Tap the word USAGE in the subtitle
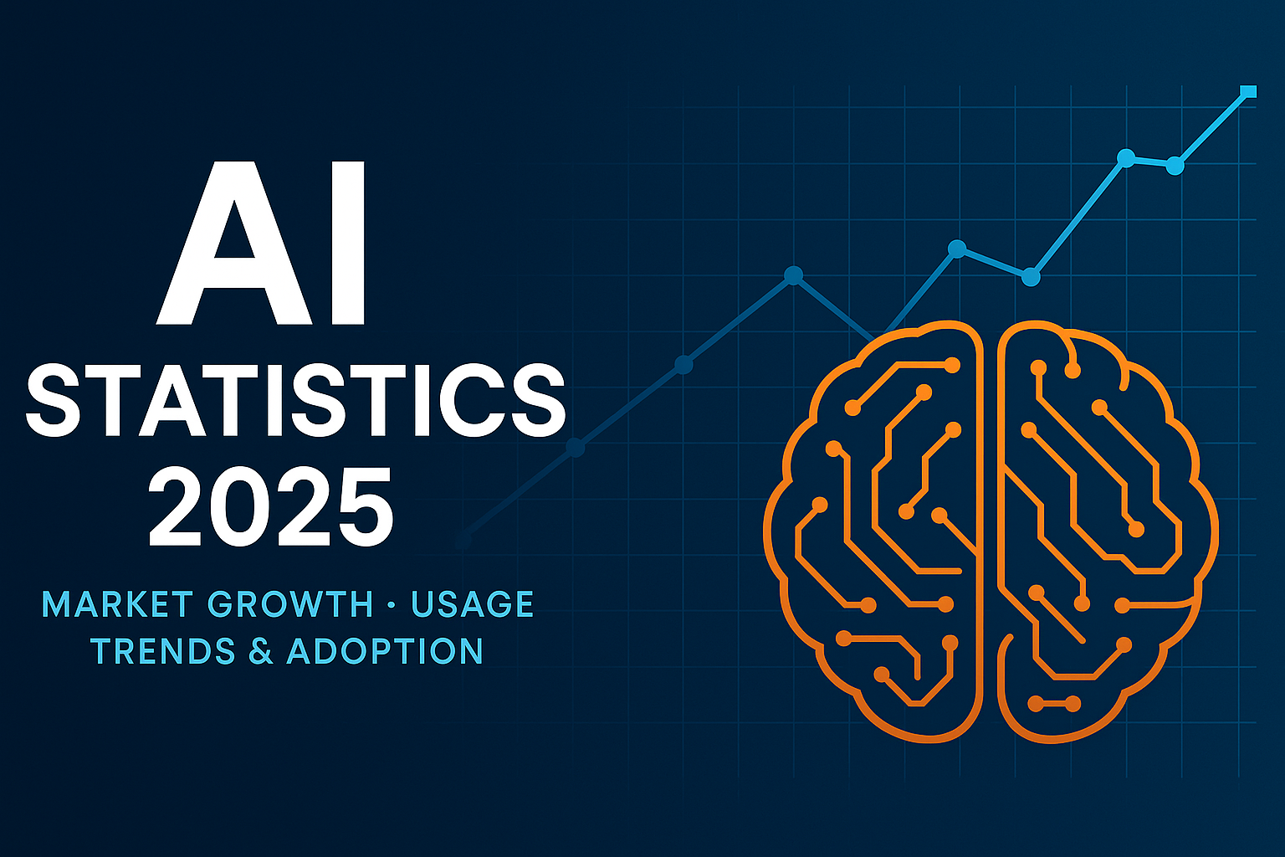tap(472, 604)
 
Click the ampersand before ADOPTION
tap(262, 651)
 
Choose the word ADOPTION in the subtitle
tap(385, 651)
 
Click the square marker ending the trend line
tap(1249, 91)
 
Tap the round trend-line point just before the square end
tap(1175, 166)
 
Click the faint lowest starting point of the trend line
tap(463, 540)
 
